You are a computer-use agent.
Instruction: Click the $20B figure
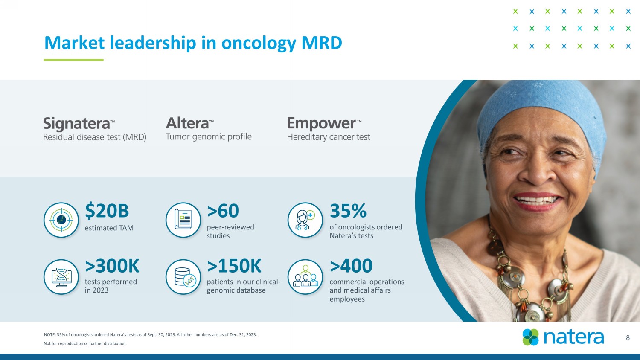point(107,211)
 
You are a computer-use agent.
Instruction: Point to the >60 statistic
point(223,211)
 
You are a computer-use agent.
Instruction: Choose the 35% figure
point(348,211)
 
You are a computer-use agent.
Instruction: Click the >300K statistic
point(112,266)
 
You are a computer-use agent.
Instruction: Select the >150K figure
point(234,266)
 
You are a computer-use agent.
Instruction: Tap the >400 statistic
point(351,266)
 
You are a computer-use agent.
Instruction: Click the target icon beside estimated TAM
point(61,220)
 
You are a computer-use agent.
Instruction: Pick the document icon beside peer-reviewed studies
point(183,220)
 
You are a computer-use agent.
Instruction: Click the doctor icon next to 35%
point(305,220)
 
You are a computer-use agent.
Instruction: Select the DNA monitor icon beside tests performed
point(61,277)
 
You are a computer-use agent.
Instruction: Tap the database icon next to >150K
point(183,277)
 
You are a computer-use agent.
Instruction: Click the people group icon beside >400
point(305,277)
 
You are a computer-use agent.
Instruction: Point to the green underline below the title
point(73,60)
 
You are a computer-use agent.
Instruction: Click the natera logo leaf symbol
point(531,337)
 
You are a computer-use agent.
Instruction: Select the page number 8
point(628,338)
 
